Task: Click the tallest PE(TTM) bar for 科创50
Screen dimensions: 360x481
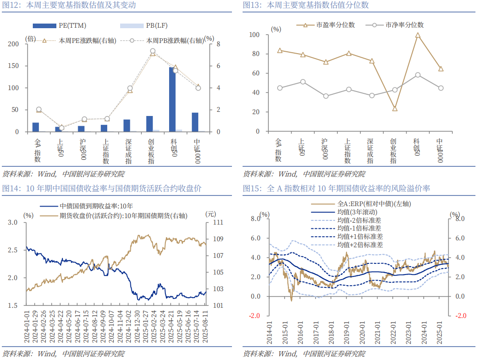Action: point(172,99)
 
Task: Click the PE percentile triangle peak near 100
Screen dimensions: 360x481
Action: point(418,35)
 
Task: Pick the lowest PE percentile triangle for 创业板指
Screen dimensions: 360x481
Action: point(395,109)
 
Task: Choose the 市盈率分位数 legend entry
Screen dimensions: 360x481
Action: point(335,25)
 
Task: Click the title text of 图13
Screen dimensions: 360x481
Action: point(305,6)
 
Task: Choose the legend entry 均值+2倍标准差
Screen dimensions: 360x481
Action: point(360,244)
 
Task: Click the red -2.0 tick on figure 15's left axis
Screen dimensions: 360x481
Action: point(255,316)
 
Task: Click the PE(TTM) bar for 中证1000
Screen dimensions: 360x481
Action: point(195,122)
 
